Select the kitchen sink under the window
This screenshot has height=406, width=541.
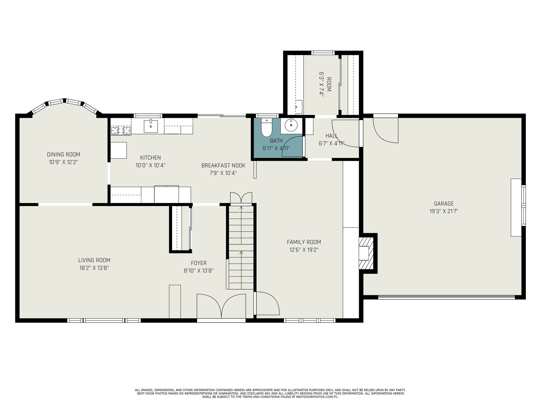tap(150, 126)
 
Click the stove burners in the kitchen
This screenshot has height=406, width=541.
tap(121, 130)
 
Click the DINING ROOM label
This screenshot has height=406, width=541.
tap(64, 155)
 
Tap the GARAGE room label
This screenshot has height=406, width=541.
tap(444, 204)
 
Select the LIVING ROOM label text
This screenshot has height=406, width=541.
tap(94, 260)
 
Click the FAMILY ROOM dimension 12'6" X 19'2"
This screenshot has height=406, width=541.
tap(304, 250)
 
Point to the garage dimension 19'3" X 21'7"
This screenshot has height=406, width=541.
tap(444, 211)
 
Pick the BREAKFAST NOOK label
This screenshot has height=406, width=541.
tap(223, 165)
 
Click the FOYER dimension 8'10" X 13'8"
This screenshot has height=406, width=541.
tap(199, 271)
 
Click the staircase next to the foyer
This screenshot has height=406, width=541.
tap(241, 248)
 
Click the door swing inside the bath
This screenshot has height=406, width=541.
tap(292, 147)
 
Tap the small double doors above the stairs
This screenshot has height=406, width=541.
tap(241, 198)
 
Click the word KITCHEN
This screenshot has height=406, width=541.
tap(150, 158)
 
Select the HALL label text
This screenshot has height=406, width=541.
tap(332, 136)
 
